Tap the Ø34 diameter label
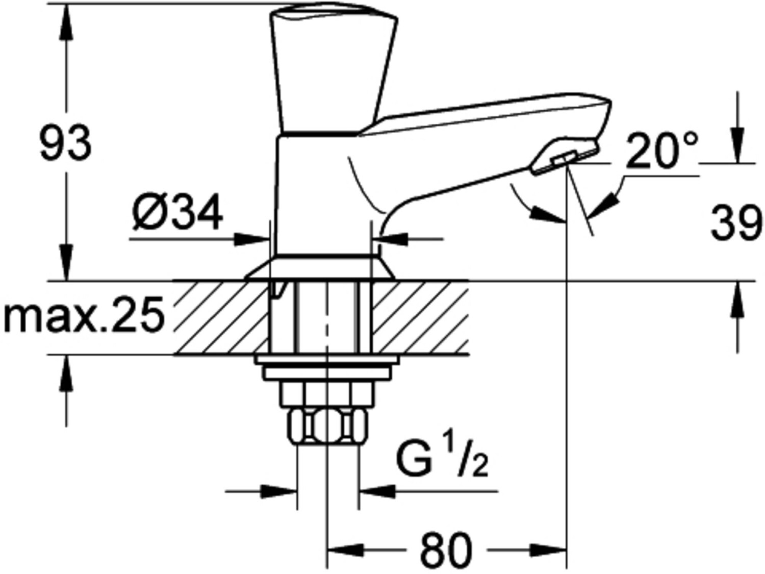click(177, 212)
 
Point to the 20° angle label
click(661, 151)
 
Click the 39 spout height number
click(736, 222)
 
